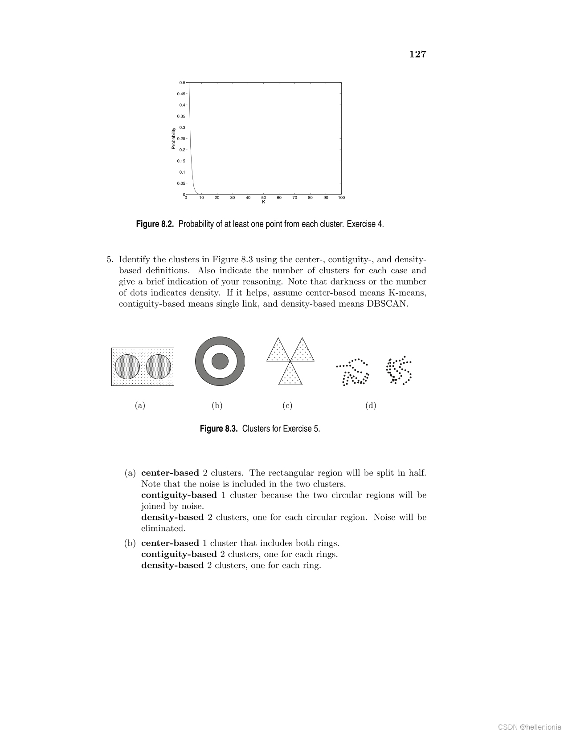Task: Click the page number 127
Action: click(x=417, y=54)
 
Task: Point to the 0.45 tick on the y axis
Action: click(x=181, y=94)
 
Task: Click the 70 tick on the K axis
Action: click(x=294, y=198)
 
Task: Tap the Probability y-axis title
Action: click(x=173, y=138)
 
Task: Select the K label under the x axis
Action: click(x=263, y=202)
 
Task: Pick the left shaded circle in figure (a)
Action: click(x=127, y=366)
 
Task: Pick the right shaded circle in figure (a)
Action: click(x=159, y=366)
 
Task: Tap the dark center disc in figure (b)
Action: click(x=220, y=361)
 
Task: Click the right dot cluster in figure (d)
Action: click(x=398, y=370)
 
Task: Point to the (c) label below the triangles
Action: click(x=287, y=406)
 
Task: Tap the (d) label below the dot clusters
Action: click(x=371, y=406)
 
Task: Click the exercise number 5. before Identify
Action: click(x=110, y=260)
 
